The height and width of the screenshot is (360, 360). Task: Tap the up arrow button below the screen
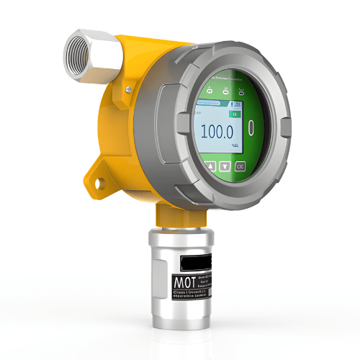click(210, 166)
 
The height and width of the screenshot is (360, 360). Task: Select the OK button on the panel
click(240, 166)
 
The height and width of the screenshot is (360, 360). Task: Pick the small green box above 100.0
click(234, 113)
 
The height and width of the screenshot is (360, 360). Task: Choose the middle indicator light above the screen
click(226, 91)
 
